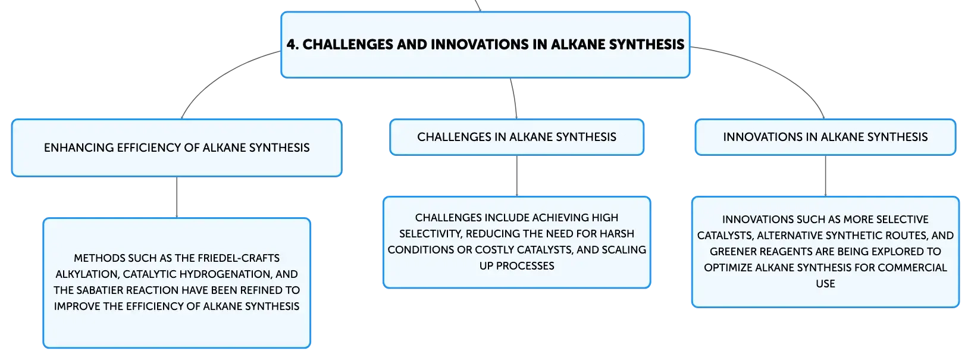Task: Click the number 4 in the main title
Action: [292, 44]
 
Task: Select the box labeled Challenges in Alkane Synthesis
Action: [516, 137]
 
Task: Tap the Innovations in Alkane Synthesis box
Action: [825, 137]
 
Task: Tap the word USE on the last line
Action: [825, 284]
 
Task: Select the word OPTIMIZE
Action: [728, 268]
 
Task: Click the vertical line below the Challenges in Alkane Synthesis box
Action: [516, 176]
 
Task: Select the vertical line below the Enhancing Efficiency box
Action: [177, 198]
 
